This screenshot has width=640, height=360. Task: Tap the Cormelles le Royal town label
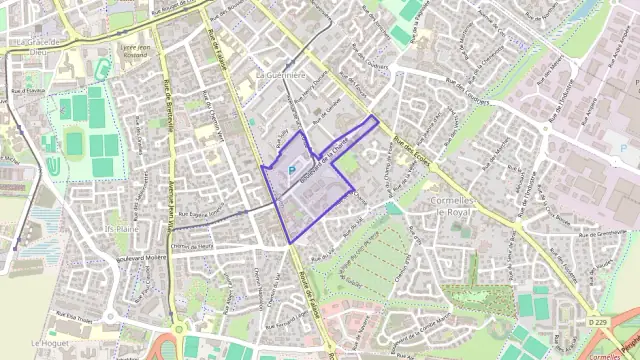456,205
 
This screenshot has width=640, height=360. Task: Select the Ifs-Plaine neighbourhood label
122,228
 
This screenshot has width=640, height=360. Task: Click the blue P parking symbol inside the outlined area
292,171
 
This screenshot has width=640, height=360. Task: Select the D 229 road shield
597,322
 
